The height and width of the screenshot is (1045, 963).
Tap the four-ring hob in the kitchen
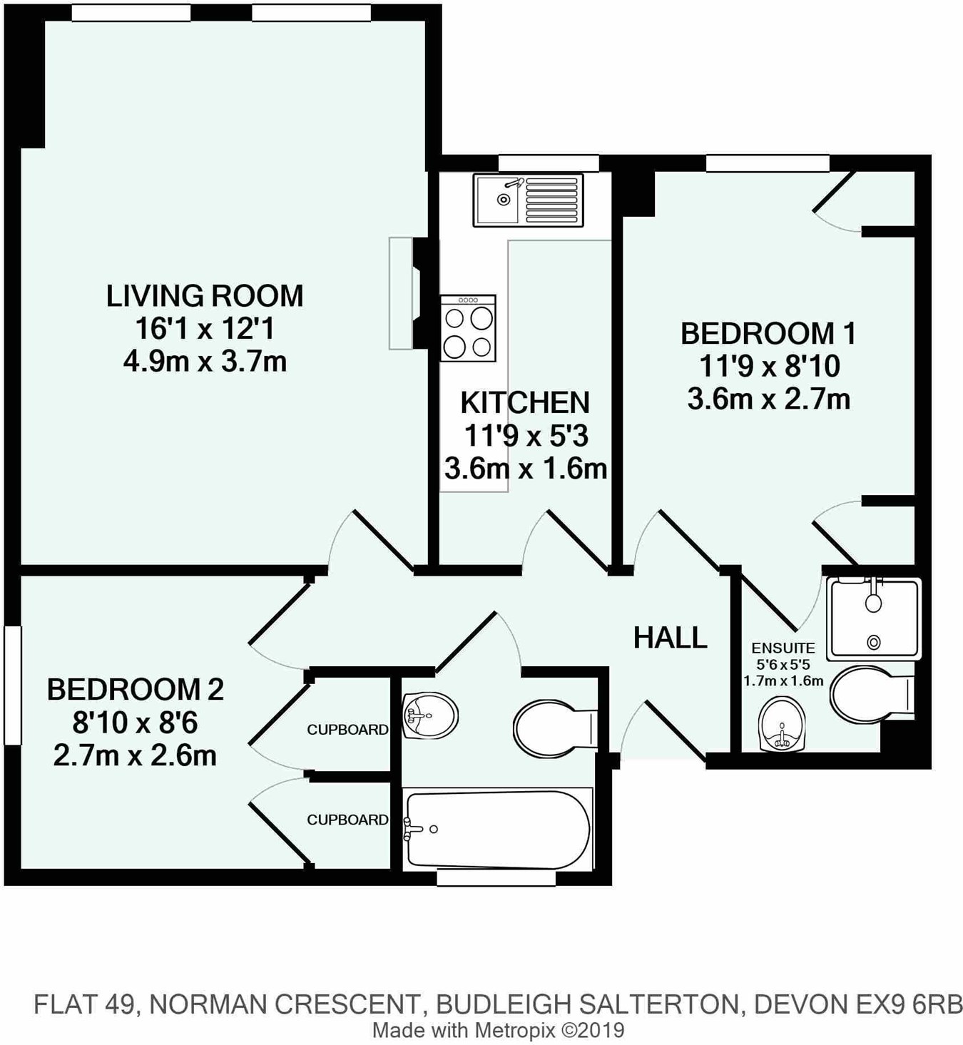click(468, 328)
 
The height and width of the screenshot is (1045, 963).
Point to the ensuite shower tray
click(874, 618)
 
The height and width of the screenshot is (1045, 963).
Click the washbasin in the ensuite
click(782, 725)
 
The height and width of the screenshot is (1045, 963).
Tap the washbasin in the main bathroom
click(429, 715)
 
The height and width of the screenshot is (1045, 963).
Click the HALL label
click(670, 637)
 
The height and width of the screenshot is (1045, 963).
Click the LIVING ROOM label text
click(205, 296)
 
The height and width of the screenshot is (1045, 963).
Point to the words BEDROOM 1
click(769, 333)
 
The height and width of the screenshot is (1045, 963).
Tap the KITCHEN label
click(525, 402)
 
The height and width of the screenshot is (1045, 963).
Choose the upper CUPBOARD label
click(347, 730)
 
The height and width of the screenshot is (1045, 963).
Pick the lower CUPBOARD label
click(347, 820)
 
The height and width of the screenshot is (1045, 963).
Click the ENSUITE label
click(783, 648)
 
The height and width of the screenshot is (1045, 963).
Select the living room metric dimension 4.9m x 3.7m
click(205, 362)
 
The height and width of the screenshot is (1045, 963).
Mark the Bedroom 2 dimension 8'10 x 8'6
click(136, 723)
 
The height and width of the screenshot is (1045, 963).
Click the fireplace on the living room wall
click(407, 293)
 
